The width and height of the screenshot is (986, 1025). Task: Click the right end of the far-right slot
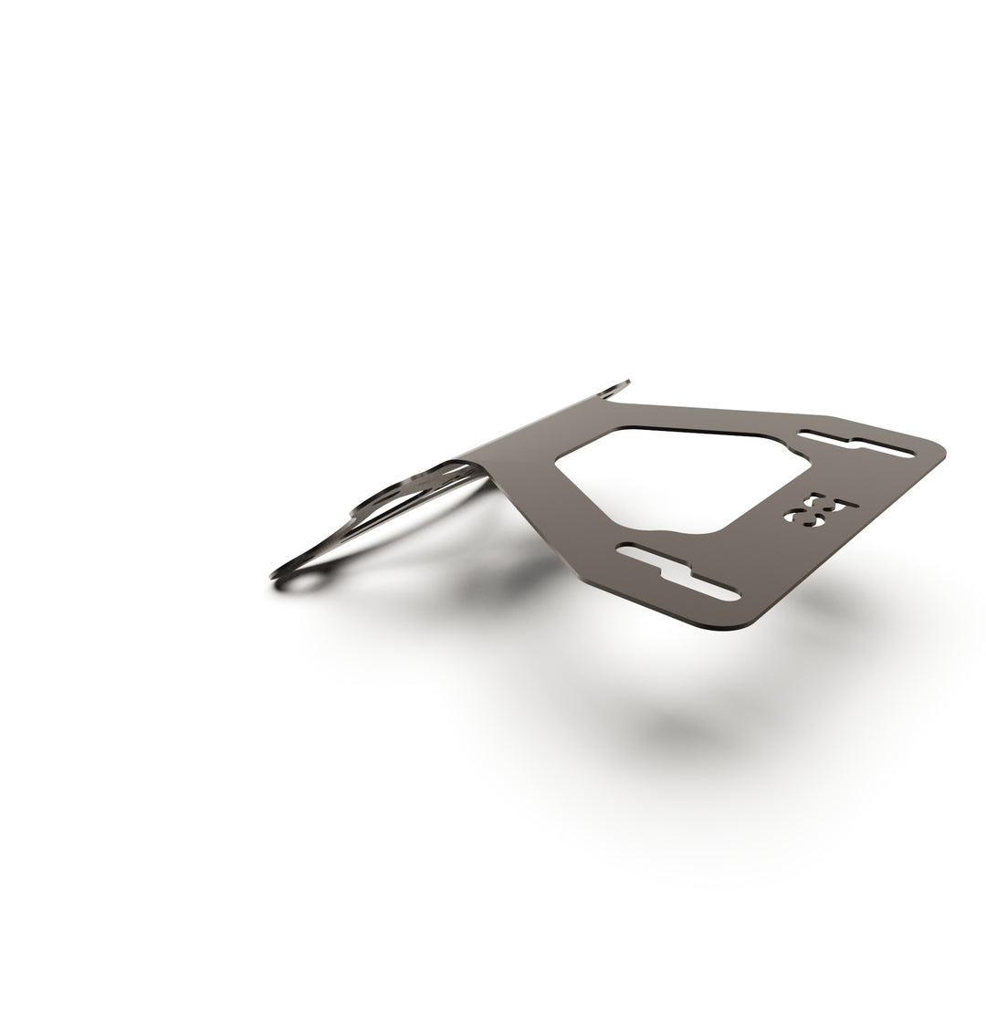point(907,453)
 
